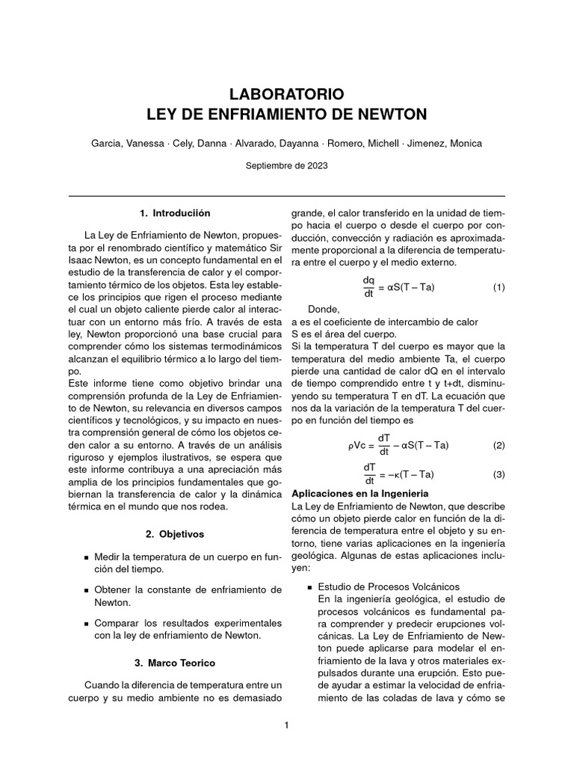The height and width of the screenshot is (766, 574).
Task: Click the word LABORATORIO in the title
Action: (286, 94)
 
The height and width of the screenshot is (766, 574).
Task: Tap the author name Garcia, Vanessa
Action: (128, 143)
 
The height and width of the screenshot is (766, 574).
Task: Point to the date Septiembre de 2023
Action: (286, 165)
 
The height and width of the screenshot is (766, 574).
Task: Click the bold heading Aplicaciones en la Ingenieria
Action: (359, 494)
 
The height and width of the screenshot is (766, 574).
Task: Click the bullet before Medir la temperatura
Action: (87, 558)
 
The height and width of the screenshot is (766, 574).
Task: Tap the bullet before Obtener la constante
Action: (87, 591)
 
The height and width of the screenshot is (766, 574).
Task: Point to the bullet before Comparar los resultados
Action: (87, 623)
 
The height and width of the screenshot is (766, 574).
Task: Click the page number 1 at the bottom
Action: (286, 725)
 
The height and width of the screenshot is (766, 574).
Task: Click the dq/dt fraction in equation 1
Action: (368, 287)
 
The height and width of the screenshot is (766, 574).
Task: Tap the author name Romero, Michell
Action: (361, 143)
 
